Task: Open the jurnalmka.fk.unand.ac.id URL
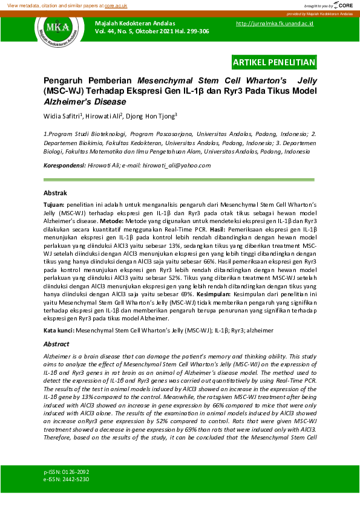274,24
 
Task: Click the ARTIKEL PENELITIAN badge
274,62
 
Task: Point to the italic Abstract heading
56,343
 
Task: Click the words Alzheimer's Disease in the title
82,102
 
